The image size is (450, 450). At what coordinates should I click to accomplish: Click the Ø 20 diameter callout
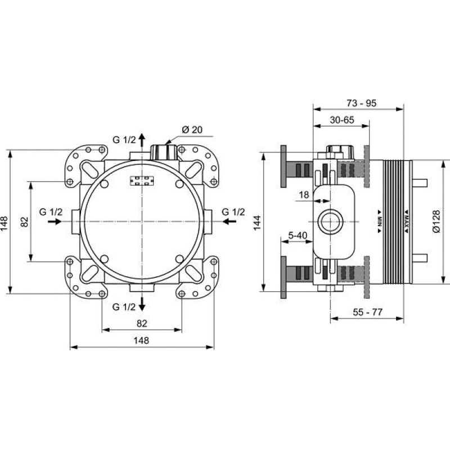point(192,130)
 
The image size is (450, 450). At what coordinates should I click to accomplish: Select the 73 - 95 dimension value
point(361,103)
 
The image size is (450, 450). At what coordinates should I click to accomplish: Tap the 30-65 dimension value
point(342,120)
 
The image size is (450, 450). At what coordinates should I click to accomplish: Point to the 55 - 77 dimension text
point(368,312)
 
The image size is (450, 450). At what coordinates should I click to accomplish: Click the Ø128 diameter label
point(436,222)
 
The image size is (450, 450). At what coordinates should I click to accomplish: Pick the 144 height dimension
point(257,222)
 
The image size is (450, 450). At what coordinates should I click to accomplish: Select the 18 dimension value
point(304,195)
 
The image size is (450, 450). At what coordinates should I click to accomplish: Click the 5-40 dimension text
point(298,236)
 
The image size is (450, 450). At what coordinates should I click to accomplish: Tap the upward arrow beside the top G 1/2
point(142,140)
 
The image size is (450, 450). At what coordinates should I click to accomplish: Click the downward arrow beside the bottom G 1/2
point(142,304)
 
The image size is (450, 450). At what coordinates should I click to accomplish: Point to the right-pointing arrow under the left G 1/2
point(55,222)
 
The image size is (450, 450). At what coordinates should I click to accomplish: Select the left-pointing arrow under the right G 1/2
point(229,222)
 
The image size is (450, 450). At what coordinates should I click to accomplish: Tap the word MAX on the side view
point(406,222)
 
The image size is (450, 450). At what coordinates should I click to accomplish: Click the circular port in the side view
point(331,222)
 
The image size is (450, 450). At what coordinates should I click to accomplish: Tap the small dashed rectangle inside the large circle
point(142,181)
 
